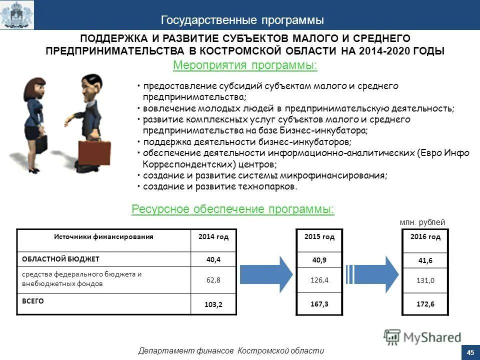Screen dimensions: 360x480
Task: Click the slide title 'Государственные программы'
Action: click(242, 20)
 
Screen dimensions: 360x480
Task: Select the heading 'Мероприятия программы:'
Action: click(245, 65)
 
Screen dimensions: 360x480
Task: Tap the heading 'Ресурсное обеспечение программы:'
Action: click(233, 208)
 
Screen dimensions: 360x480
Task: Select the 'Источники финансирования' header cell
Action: click(103, 236)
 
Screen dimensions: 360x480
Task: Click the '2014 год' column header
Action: click(213, 236)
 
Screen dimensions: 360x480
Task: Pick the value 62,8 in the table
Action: click(213, 279)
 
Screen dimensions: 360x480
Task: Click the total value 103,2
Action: click(213, 304)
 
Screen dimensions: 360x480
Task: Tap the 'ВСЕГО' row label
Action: click(33, 301)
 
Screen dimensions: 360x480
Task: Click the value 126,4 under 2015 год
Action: click(319, 280)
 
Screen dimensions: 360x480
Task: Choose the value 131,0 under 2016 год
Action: click(425, 281)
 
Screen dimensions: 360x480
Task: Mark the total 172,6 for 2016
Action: click(425, 304)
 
